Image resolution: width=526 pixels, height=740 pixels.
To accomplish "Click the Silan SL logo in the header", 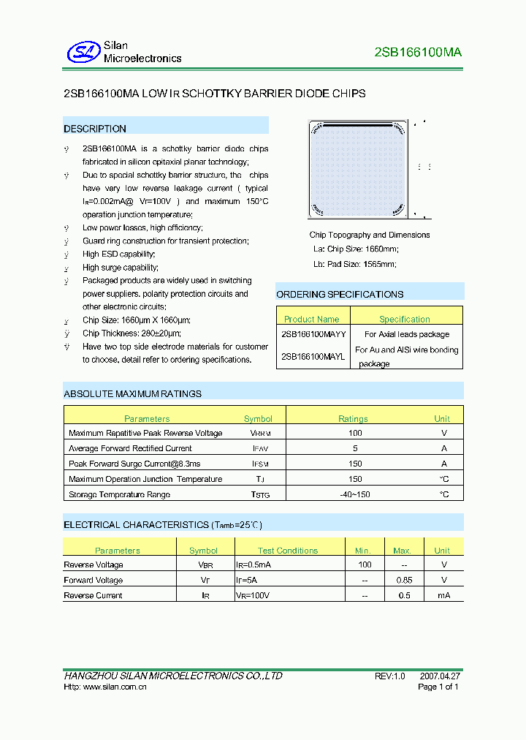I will (83, 51).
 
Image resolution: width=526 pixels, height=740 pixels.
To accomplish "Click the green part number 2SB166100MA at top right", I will (417, 52).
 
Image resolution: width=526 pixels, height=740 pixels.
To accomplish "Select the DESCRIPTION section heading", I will (95, 129).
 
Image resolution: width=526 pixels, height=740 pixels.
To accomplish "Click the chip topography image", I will (358, 169).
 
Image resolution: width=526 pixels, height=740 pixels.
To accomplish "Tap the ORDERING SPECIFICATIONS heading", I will (340, 294).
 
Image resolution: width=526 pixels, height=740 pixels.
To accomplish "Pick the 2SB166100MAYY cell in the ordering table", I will (313, 333).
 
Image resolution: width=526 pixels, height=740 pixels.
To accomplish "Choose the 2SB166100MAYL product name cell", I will (313, 356).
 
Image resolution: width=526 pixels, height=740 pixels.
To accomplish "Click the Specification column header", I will (405, 319).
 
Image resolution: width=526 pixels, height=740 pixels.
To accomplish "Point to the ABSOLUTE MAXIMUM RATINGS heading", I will (132, 393).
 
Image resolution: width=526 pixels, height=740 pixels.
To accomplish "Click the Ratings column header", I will (353, 419).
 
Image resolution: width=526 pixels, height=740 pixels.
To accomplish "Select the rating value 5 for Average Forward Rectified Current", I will (355, 448).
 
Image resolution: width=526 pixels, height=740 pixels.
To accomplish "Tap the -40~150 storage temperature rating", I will (355, 494).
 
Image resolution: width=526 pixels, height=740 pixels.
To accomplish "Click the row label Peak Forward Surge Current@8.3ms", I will (134, 464).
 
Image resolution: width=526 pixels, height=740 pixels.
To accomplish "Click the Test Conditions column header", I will (287, 551).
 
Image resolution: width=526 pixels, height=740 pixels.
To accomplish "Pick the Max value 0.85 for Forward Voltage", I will (403, 580).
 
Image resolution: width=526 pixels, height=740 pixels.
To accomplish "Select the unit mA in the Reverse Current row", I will (443, 595).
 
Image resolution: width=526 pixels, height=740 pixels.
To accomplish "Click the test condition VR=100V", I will (252, 595).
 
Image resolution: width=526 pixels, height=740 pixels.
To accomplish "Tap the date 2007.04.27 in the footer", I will (440, 676).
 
